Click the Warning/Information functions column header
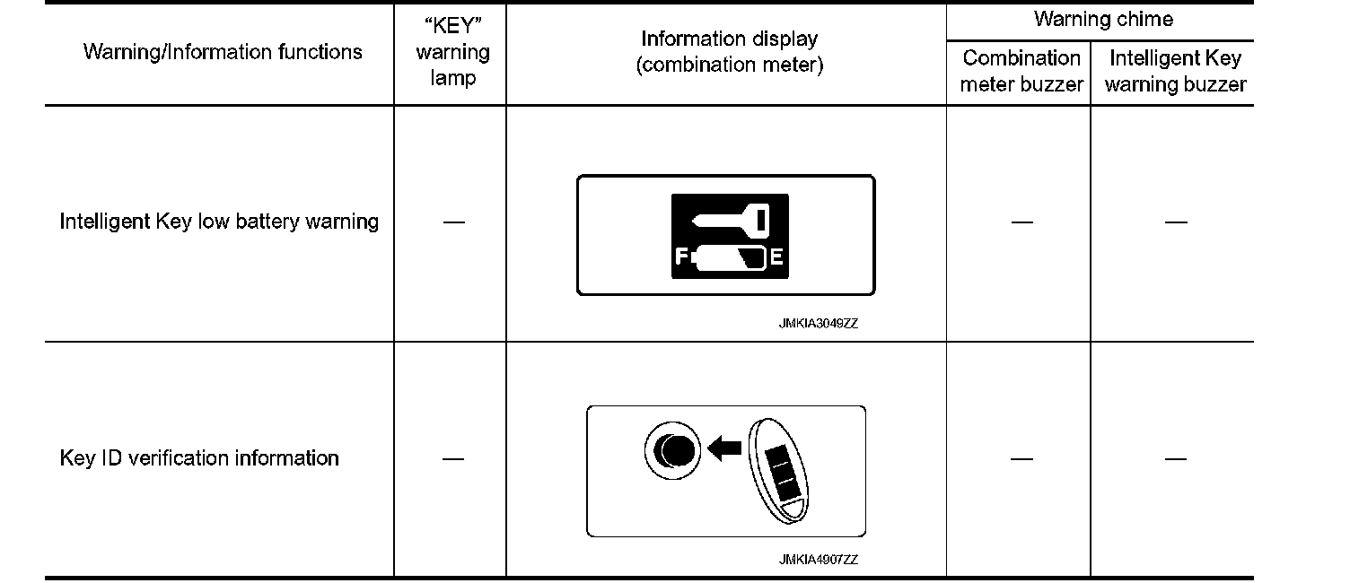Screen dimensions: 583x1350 point(223,52)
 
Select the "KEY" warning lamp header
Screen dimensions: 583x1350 point(452,52)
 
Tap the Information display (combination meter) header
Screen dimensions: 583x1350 point(729,52)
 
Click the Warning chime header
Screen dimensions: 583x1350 point(1103,19)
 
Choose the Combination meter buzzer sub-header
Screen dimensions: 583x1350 point(1021,71)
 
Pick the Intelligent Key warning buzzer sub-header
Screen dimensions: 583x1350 point(1175,71)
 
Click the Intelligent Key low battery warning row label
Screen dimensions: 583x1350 point(219,222)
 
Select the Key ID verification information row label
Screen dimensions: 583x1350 point(199,458)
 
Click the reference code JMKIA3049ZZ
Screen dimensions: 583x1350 point(818,325)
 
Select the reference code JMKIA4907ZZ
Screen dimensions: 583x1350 point(818,560)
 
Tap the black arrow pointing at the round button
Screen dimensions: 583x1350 point(725,447)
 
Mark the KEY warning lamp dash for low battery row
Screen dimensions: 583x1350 point(453,222)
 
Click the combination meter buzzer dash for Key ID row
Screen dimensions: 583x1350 point(1021,458)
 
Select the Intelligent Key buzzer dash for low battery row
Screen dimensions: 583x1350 point(1175,222)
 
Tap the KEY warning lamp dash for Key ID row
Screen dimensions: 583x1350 point(453,458)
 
